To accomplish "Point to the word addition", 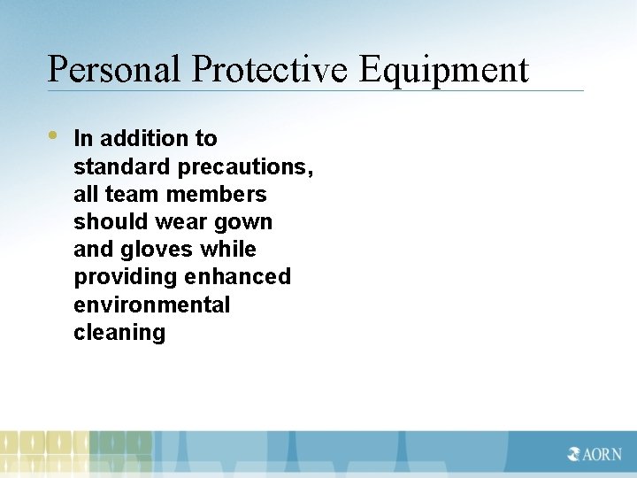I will click(x=146, y=138).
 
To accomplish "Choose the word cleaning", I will click(x=119, y=333).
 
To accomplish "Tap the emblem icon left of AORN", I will click(x=575, y=454).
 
